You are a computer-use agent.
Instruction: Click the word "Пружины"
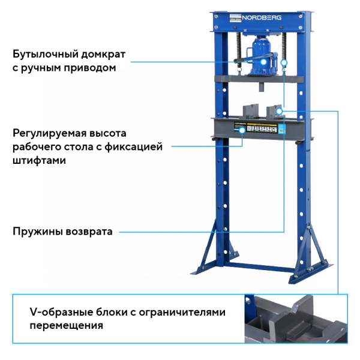coord(35,232)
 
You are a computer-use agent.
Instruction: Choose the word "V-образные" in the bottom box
coord(61,313)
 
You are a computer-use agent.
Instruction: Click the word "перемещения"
coord(66,326)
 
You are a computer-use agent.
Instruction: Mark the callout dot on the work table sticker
coord(242,130)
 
